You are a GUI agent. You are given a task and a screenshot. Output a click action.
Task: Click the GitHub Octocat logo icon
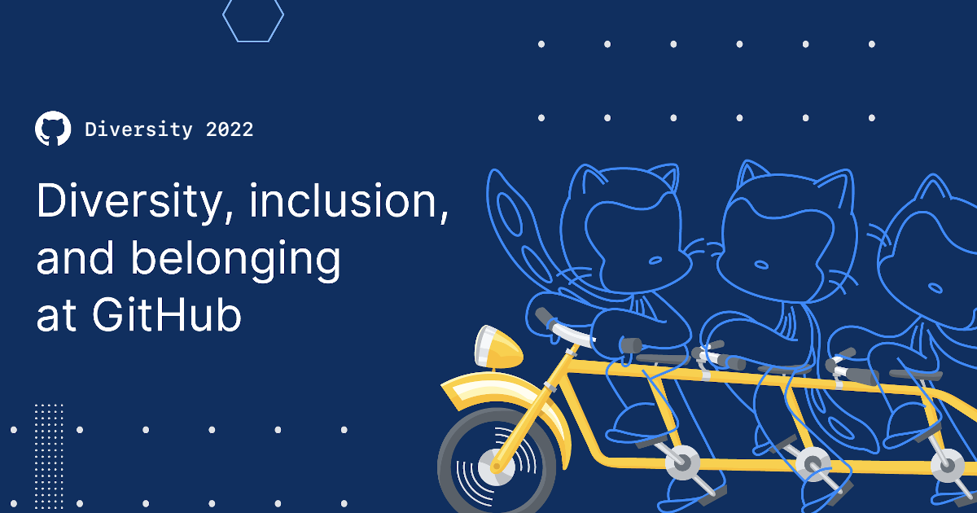click(x=53, y=129)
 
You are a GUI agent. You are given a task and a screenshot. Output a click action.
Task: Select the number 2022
click(x=230, y=129)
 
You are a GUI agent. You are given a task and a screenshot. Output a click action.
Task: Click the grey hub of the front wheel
click(x=492, y=467)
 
